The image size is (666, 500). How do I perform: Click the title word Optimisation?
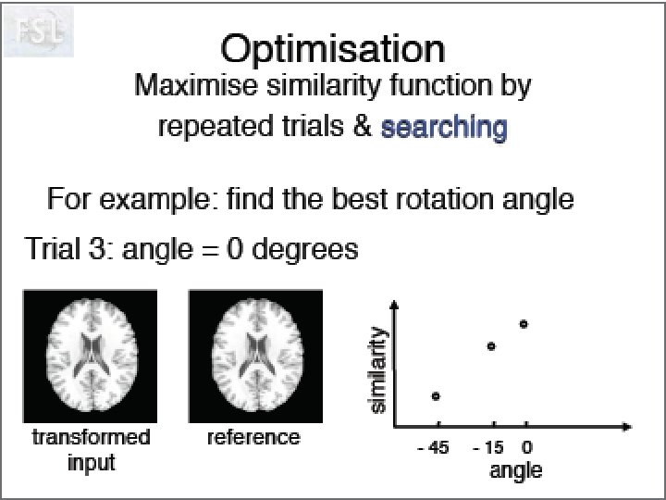332,50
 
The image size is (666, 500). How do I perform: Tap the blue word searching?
443,127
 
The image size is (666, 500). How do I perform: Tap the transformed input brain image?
91,355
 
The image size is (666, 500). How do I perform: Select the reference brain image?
255,355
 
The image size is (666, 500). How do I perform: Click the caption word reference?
253,437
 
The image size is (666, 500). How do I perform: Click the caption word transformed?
91,437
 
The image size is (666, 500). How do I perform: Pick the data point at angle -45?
436,396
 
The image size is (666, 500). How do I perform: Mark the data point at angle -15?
491,346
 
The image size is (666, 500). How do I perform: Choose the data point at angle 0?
524,324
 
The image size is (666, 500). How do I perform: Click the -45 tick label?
432,448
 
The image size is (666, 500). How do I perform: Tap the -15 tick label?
487,448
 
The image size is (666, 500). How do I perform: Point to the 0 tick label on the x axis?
525,448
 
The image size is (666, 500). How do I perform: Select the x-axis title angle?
515,470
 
